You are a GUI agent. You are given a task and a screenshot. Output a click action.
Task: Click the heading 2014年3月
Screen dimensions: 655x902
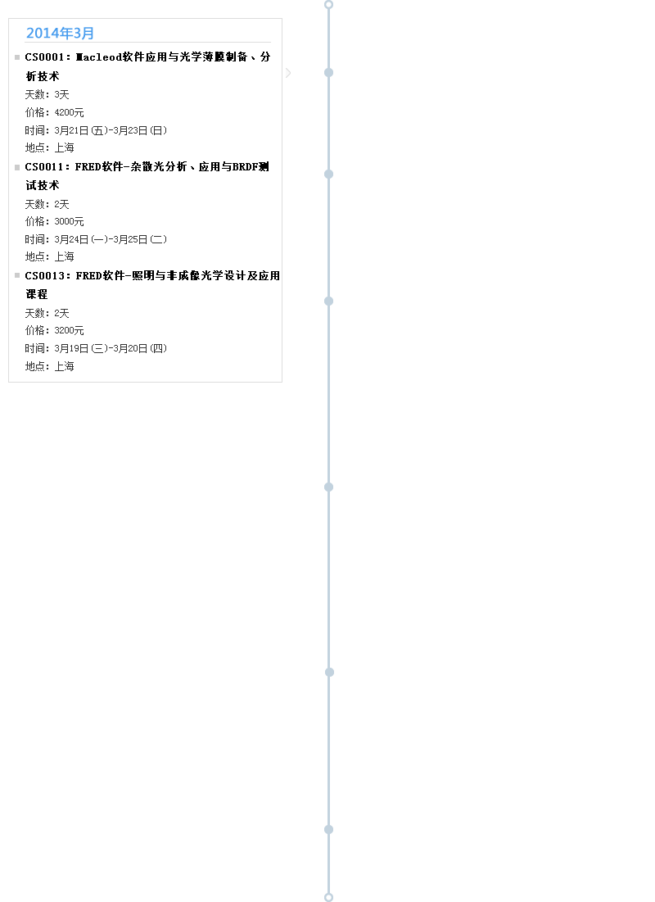pos(60,34)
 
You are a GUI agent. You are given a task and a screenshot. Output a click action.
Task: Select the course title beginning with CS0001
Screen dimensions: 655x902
pos(147,66)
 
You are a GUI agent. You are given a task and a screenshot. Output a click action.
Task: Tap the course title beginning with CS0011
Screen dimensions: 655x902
pos(147,175)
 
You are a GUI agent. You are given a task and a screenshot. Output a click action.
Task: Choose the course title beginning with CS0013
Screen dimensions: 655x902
pos(152,285)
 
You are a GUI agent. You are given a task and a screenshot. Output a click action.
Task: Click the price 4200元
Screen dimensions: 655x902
pos(69,112)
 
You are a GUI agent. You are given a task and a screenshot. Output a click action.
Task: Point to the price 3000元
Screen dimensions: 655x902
pos(69,221)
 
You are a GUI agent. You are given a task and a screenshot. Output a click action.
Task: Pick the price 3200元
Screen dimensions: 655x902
pos(69,330)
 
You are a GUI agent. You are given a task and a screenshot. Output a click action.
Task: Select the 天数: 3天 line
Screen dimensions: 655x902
pos(47,94)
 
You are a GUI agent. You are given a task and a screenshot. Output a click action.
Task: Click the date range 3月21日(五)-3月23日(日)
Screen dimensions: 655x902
pos(111,130)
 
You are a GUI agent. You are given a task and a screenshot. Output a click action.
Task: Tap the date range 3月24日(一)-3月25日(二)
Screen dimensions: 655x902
pos(111,239)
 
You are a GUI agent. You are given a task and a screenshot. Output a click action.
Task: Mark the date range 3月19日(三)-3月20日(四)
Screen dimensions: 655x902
pos(111,348)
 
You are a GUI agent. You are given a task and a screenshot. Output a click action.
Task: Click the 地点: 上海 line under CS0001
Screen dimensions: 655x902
pos(49,147)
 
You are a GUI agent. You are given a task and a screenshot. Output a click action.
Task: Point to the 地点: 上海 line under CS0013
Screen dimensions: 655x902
pos(49,366)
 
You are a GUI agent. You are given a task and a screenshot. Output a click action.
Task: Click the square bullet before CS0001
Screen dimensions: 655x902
pos(17,57)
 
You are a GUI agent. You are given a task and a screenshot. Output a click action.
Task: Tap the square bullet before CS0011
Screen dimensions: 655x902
pos(17,167)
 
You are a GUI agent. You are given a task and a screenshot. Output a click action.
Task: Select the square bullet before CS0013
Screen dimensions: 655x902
pos(17,275)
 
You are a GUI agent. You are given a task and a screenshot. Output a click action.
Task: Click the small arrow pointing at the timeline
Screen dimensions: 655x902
pos(289,72)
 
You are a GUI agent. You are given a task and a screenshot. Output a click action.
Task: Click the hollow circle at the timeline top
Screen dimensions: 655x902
pos(329,5)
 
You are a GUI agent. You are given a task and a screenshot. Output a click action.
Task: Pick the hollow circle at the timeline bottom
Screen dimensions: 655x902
pos(329,897)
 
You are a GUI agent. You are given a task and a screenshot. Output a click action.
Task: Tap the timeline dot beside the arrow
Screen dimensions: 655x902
pos(329,72)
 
